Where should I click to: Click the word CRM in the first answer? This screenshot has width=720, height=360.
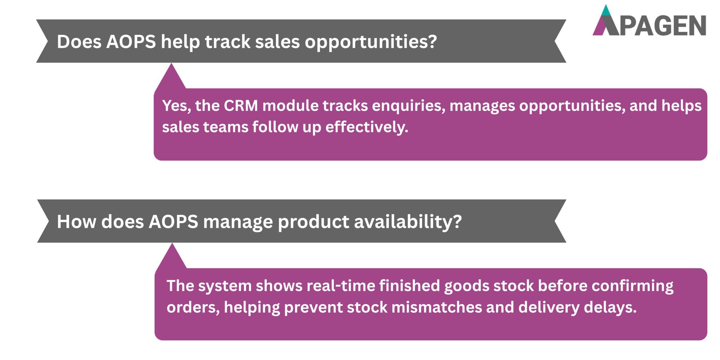pyautogui.click(x=241, y=106)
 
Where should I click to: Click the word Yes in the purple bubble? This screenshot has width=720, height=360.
pyautogui.click(x=176, y=106)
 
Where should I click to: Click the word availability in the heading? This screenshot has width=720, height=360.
pyautogui.click(x=408, y=222)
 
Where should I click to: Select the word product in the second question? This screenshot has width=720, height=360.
pyautogui.click(x=313, y=222)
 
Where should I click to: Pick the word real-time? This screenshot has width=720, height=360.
pyautogui.click(x=341, y=286)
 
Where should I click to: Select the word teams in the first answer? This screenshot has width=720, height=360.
pyautogui.click(x=226, y=127)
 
